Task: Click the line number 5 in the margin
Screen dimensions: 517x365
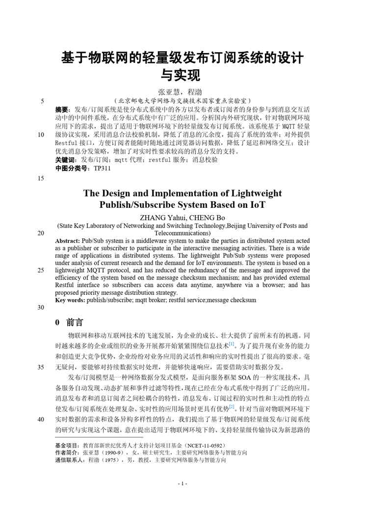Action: click(43, 102)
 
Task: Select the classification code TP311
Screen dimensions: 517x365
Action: click(102, 168)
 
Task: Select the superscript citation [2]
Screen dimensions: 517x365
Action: click(232, 407)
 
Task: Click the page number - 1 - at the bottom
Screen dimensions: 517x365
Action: click(182, 484)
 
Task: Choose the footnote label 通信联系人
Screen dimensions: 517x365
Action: click(70, 460)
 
